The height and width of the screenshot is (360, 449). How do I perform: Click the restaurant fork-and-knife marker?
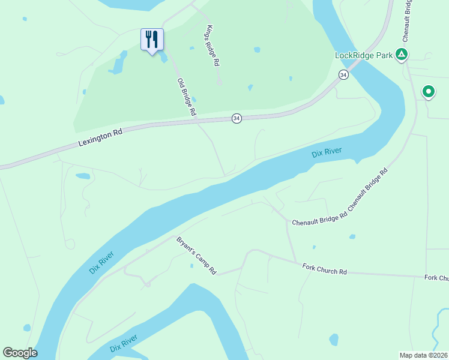pyautogui.click(x=152, y=40)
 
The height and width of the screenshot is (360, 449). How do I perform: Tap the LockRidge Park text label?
pyautogui.click(x=364, y=56)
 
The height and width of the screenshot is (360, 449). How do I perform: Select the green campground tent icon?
pyautogui.click(x=402, y=55)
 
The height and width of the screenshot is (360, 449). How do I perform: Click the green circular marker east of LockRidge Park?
pyautogui.click(x=429, y=92)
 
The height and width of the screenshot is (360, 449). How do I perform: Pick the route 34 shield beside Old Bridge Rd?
pyautogui.click(x=237, y=119)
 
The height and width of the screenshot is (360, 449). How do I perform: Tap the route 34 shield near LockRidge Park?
pyautogui.click(x=343, y=74)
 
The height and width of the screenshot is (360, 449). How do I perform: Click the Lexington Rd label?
pyautogui.click(x=100, y=138)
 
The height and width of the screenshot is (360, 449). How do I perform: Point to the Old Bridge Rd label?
pyautogui.click(x=187, y=97)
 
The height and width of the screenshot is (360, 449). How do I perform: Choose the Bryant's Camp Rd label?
pyautogui.click(x=196, y=256)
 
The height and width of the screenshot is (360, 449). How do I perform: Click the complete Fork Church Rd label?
pyautogui.click(x=325, y=269)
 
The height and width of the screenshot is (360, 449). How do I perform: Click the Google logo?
pyautogui.click(x=20, y=353)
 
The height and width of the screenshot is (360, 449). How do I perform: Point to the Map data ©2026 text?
pyautogui.click(x=423, y=355)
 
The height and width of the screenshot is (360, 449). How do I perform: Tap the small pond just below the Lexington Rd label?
pyautogui.click(x=83, y=176)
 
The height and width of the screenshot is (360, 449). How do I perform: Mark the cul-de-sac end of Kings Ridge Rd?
pyautogui.click(x=220, y=82)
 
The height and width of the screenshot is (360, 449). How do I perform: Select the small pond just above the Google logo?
pyautogui.click(x=26, y=328)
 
